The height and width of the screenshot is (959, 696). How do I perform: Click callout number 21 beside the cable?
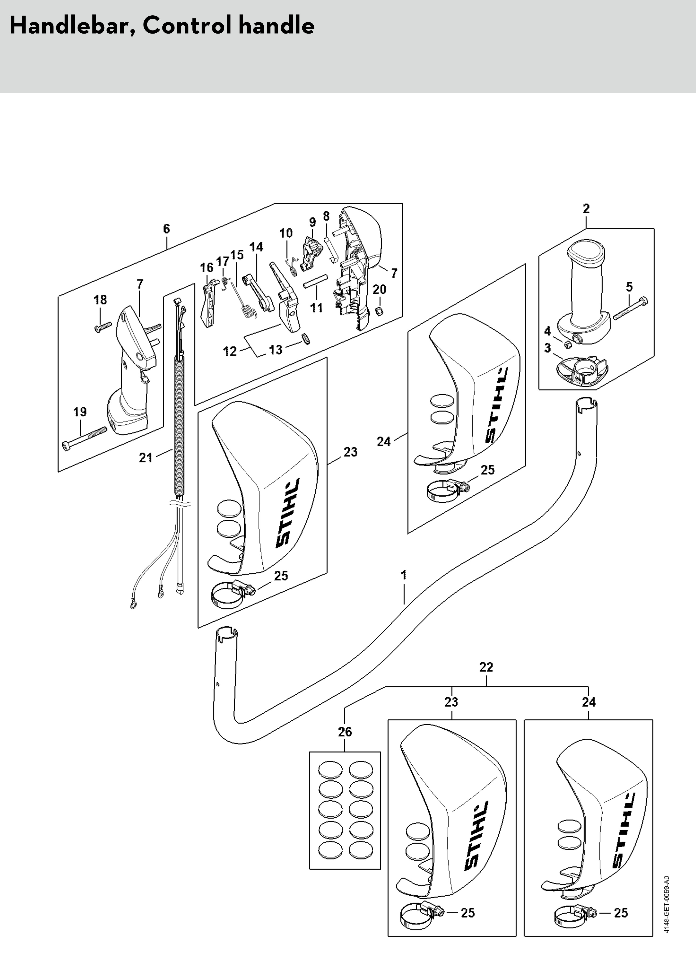pos(145,458)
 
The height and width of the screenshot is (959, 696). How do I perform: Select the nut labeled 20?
pos(379,313)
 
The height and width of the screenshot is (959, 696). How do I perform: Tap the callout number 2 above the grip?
pos(586,209)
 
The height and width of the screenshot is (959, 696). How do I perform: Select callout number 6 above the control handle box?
pos(167,229)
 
